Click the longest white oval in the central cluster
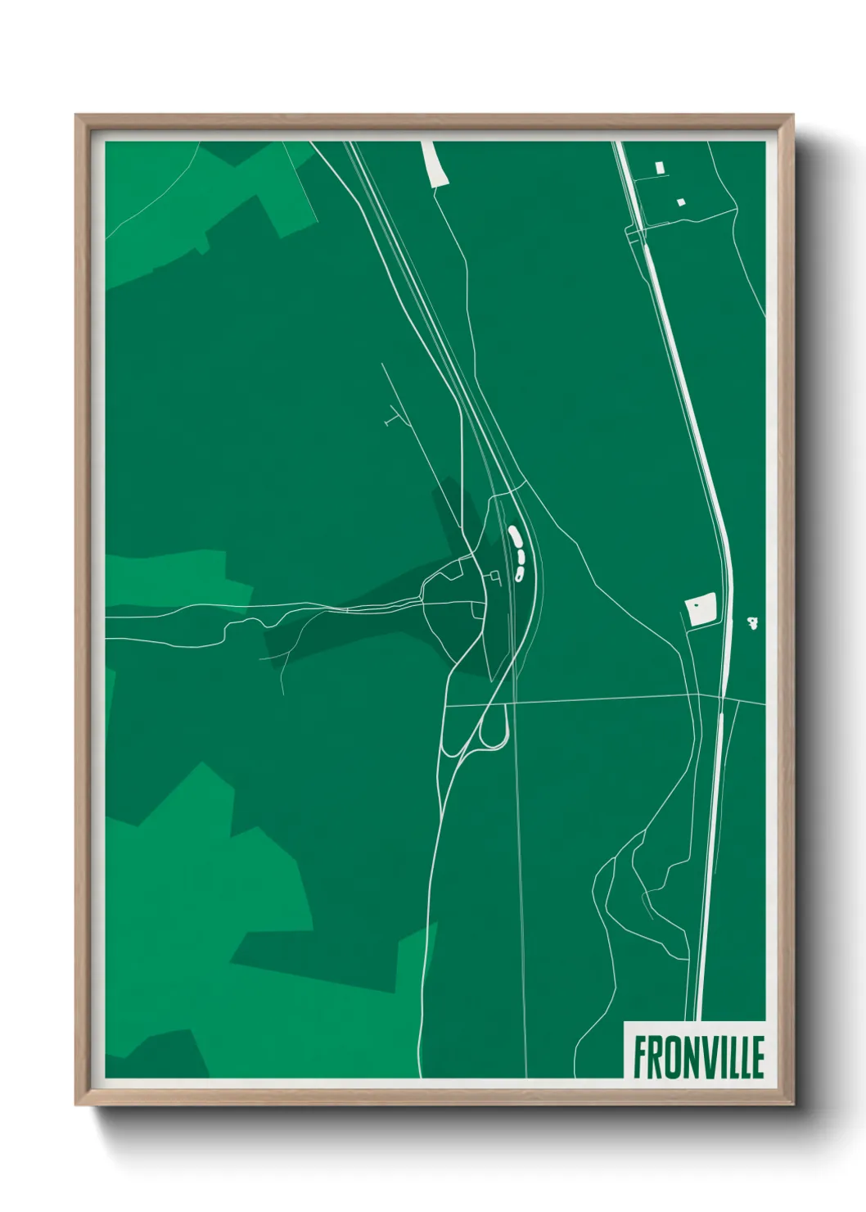514,536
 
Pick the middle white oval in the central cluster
520,556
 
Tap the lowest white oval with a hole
519,574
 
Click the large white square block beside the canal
701,609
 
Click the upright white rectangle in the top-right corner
660,167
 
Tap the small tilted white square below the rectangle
680,201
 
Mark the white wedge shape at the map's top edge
435,163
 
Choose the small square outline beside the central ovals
494,578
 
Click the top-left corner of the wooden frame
78,116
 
